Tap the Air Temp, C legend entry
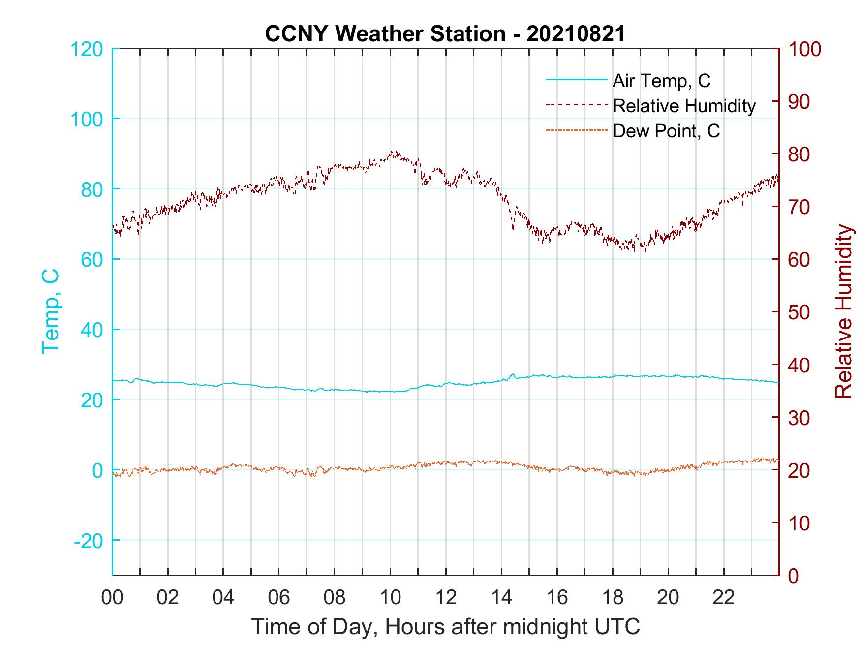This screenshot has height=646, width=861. (x=661, y=80)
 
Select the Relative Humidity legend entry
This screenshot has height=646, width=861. (x=683, y=106)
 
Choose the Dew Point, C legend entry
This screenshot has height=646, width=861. (x=666, y=131)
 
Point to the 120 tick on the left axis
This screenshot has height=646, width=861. (x=87, y=49)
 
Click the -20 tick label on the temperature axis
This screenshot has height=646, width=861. (x=88, y=541)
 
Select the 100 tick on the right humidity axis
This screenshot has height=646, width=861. (x=804, y=49)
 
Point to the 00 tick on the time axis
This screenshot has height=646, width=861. (x=112, y=598)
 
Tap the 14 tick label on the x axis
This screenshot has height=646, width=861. (x=501, y=598)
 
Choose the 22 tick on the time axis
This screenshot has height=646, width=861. (x=724, y=598)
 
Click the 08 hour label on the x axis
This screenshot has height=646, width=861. (x=335, y=598)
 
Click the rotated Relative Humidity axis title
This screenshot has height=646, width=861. (x=843, y=311)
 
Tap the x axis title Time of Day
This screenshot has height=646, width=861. (x=445, y=627)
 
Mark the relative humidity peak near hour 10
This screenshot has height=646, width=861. (x=392, y=152)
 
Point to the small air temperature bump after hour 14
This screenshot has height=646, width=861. (x=513, y=375)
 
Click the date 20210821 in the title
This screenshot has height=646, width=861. (x=575, y=34)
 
